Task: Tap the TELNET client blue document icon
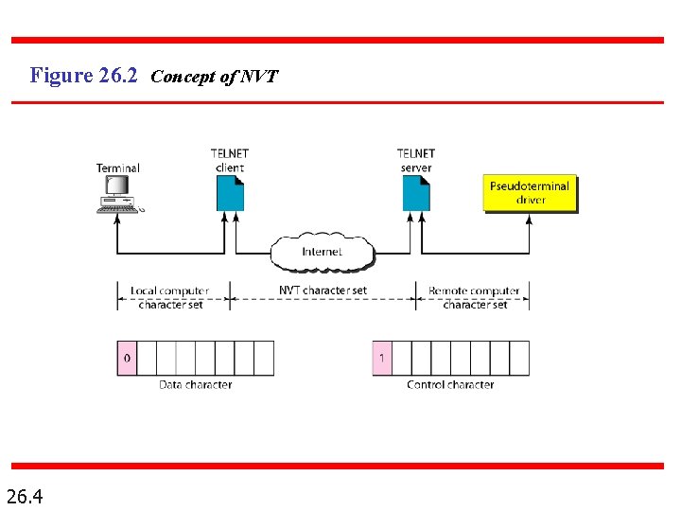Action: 230,194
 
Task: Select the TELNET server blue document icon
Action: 416,194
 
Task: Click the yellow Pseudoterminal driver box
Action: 530,193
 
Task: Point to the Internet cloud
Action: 322,252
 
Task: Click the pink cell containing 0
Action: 127,359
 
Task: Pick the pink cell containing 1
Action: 381,359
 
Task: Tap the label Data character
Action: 195,385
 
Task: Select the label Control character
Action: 450,385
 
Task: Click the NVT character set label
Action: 323,290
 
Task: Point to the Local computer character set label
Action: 170,297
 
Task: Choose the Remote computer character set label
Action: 474,297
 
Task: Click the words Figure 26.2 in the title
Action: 85,75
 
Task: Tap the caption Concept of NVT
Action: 214,77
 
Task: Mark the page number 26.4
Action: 30,495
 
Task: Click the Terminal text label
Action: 117,168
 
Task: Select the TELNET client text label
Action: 230,160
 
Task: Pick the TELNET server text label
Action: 416,160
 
